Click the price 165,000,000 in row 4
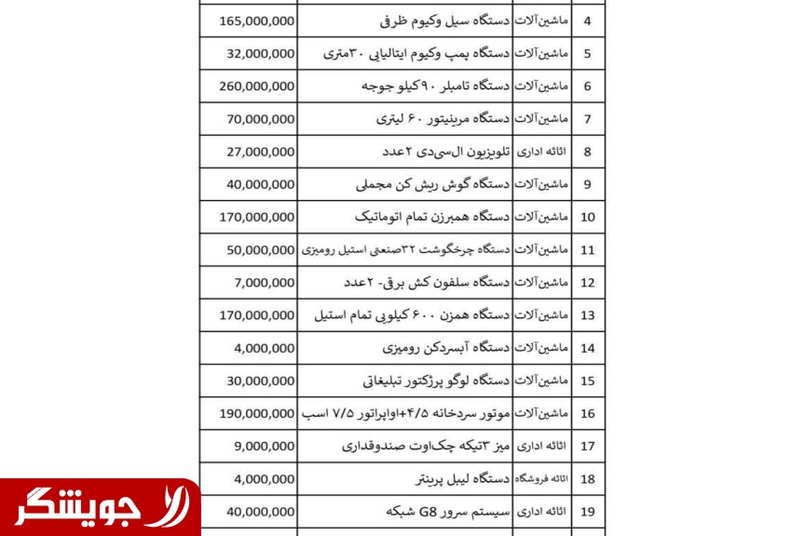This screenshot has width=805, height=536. point(258,20)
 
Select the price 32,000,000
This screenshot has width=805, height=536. point(261,53)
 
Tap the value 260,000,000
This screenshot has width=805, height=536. point(258,86)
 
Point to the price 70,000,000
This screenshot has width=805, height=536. point(261,118)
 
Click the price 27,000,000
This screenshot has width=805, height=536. point(261,152)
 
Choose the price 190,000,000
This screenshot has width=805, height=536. point(258,413)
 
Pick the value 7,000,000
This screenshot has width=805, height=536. point(265,282)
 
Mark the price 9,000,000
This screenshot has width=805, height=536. point(265,446)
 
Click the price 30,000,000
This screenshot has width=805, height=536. point(261,381)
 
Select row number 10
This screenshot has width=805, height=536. point(588,217)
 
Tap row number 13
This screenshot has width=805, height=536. point(588,315)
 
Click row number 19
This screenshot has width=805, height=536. point(588,512)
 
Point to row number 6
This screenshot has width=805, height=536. point(588,86)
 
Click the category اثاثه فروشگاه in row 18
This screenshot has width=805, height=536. point(540,479)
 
